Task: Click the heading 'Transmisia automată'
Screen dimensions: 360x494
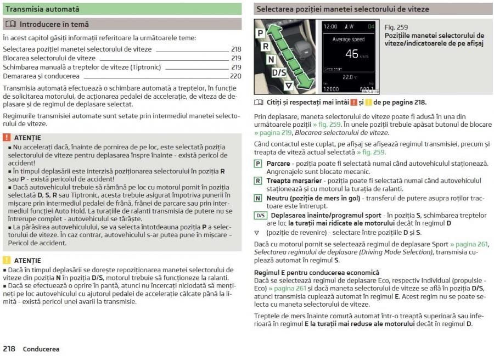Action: [42, 9]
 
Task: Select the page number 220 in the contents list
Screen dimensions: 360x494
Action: [235, 76]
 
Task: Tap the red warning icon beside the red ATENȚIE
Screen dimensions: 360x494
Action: [7, 138]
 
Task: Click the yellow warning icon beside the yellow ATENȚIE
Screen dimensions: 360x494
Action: [7, 261]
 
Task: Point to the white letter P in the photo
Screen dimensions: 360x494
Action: [260, 33]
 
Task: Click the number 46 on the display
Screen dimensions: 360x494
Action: [352, 54]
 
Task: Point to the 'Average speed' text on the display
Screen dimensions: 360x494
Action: [349, 40]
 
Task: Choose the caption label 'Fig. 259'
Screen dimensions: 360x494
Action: [396, 27]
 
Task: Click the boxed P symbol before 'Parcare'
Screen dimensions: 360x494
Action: [258, 164]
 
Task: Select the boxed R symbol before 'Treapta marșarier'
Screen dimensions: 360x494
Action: [258, 181]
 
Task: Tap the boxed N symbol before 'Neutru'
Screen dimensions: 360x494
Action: [258, 198]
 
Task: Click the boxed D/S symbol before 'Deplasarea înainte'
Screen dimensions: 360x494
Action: [260, 215]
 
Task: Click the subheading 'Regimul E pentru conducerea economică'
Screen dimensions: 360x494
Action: [317, 272]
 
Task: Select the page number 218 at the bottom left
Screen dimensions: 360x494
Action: [9, 349]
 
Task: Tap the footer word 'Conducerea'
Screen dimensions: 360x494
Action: [41, 349]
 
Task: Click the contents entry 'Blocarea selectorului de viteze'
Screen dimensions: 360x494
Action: [49, 58]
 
